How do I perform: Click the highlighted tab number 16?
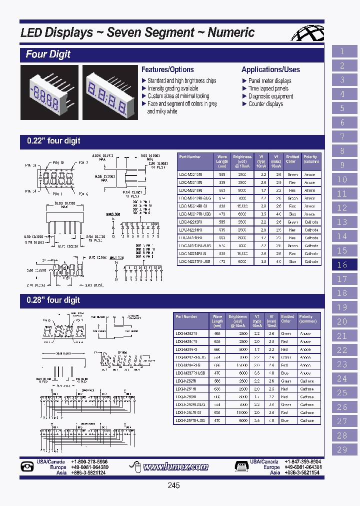[342, 265]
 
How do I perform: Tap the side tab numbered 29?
[342, 449]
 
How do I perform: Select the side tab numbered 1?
[342, 51]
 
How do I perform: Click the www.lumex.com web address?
[175, 467]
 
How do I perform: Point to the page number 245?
[173, 485]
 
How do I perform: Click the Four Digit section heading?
[48, 54]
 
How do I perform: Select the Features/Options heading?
[167, 69]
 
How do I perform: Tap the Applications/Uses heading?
[270, 69]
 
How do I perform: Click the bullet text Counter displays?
[265, 104]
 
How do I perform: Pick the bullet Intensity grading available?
[172, 88]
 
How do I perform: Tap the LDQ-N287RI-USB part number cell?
[190, 420]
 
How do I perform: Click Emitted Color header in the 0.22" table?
[292, 159]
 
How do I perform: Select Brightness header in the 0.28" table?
[237, 319]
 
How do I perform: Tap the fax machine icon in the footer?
[241, 467]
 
